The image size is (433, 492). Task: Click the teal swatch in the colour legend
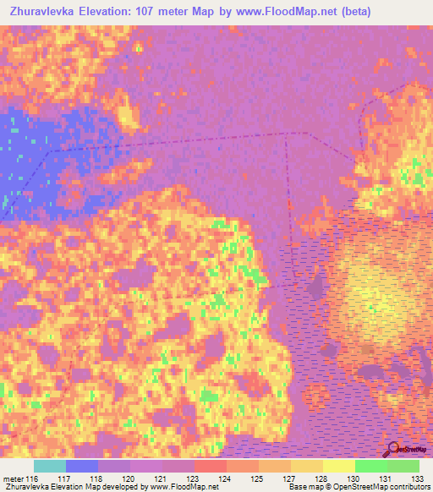(x=50, y=466)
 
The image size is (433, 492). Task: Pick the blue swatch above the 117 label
(x=82, y=466)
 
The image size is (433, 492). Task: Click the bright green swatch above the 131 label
(x=371, y=466)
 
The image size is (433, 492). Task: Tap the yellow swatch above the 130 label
(x=339, y=466)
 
